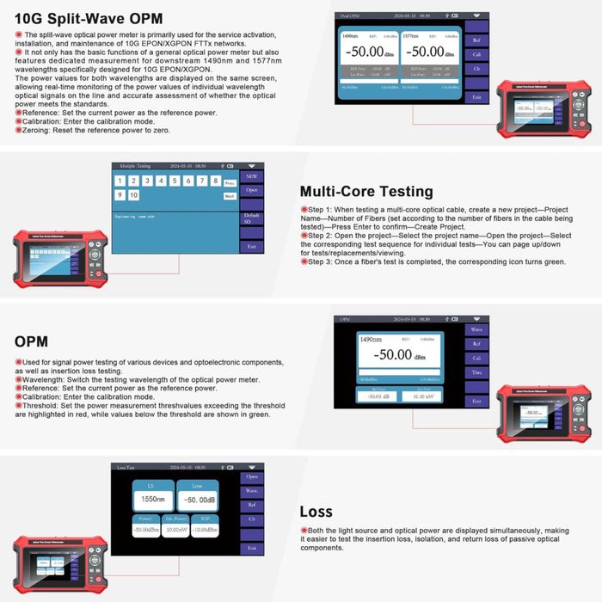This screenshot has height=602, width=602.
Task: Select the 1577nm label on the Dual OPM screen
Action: (411, 37)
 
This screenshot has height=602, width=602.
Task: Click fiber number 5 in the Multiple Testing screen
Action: (175, 181)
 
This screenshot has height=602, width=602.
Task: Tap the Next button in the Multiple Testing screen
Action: (229, 196)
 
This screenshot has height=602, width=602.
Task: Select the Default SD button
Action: (251, 218)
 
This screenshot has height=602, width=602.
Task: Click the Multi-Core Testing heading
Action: (366, 191)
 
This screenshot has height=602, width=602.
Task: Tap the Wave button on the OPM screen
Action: (475, 329)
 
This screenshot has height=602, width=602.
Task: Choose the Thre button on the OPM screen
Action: (475, 372)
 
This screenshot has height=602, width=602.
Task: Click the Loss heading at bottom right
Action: (316, 512)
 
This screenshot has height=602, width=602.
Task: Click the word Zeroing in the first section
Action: (35, 131)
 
